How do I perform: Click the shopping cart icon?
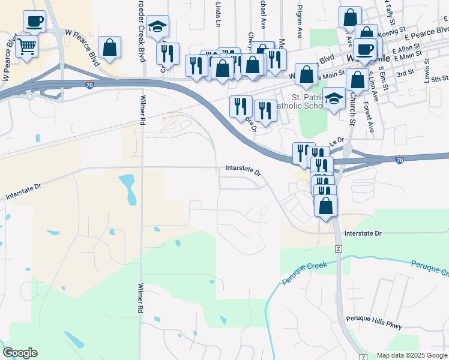click(26, 46)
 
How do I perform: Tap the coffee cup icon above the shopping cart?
click(35, 22)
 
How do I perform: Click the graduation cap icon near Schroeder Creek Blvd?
click(158, 26)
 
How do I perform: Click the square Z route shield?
click(339, 248)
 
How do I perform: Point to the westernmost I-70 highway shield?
click(89, 85)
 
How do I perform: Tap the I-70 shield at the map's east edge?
click(400, 159)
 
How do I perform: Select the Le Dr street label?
click(336, 140)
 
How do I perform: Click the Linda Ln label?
click(218, 10)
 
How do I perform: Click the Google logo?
click(20, 353)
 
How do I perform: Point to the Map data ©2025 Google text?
click(411, 356)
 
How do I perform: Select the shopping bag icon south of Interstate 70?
click(325, 206)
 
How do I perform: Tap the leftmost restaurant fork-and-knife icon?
click(167, 53)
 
